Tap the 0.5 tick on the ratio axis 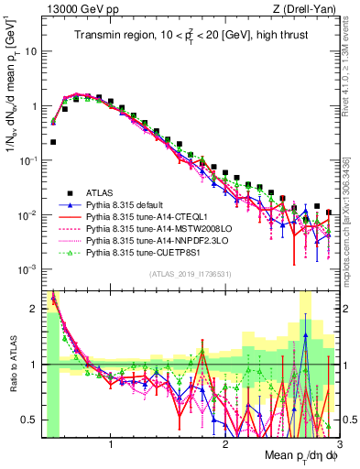(32, 420)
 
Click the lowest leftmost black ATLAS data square (54, 142)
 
